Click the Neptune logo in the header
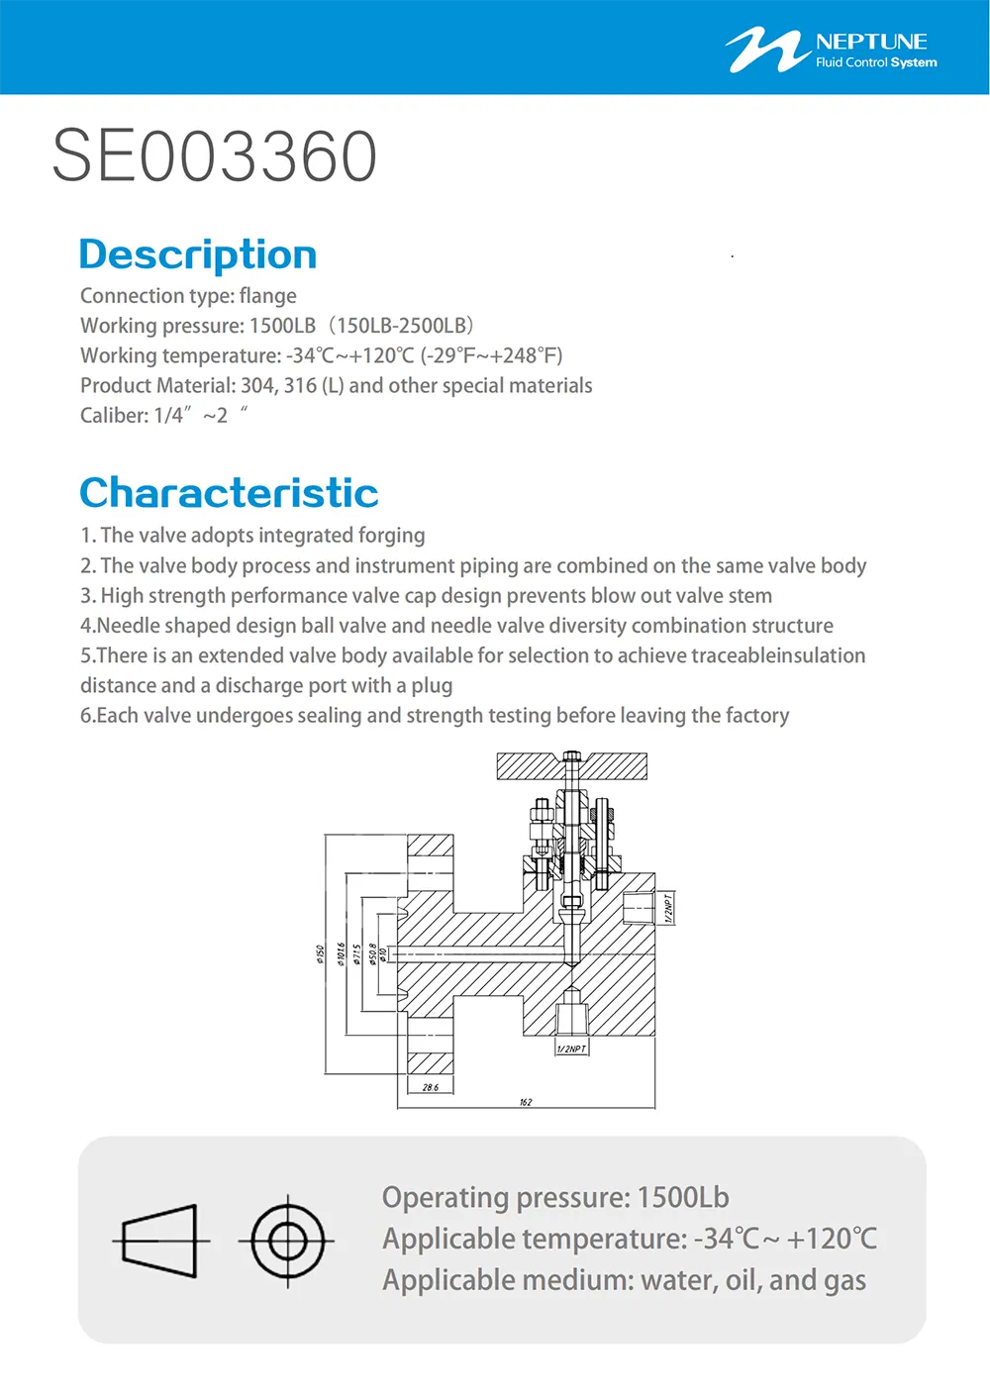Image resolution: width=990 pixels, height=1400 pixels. [x=831, y=50]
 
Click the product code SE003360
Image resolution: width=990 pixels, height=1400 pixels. [x=215, y=156]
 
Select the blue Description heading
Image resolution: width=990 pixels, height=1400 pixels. [x=198, y=254]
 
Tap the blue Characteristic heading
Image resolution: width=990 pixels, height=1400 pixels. [x=229, y=493]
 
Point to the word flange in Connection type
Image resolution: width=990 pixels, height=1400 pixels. [x=267, y=296]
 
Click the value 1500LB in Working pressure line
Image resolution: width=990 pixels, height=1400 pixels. [x=282, y=326]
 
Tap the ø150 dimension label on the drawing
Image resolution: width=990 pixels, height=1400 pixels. [x=320, y=952]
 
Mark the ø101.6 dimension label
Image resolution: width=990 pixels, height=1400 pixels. [x=341, y=953]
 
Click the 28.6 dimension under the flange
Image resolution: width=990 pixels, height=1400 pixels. [x=431, y=1087]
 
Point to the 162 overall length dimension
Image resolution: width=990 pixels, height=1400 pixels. [x=526, y=1102]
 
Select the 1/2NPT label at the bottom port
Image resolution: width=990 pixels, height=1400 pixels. [x=571, y=1049]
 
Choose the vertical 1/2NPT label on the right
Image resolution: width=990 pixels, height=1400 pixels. [x=668, y=908]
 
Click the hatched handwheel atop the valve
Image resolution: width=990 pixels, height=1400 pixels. [x=571, y=765]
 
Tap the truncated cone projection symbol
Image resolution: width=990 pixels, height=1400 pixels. [x=159, y=1241]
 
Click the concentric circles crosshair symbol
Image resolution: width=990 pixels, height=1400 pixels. [x=287, y=1241]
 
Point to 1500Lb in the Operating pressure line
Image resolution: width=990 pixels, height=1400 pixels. [x=683, y=1198]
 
